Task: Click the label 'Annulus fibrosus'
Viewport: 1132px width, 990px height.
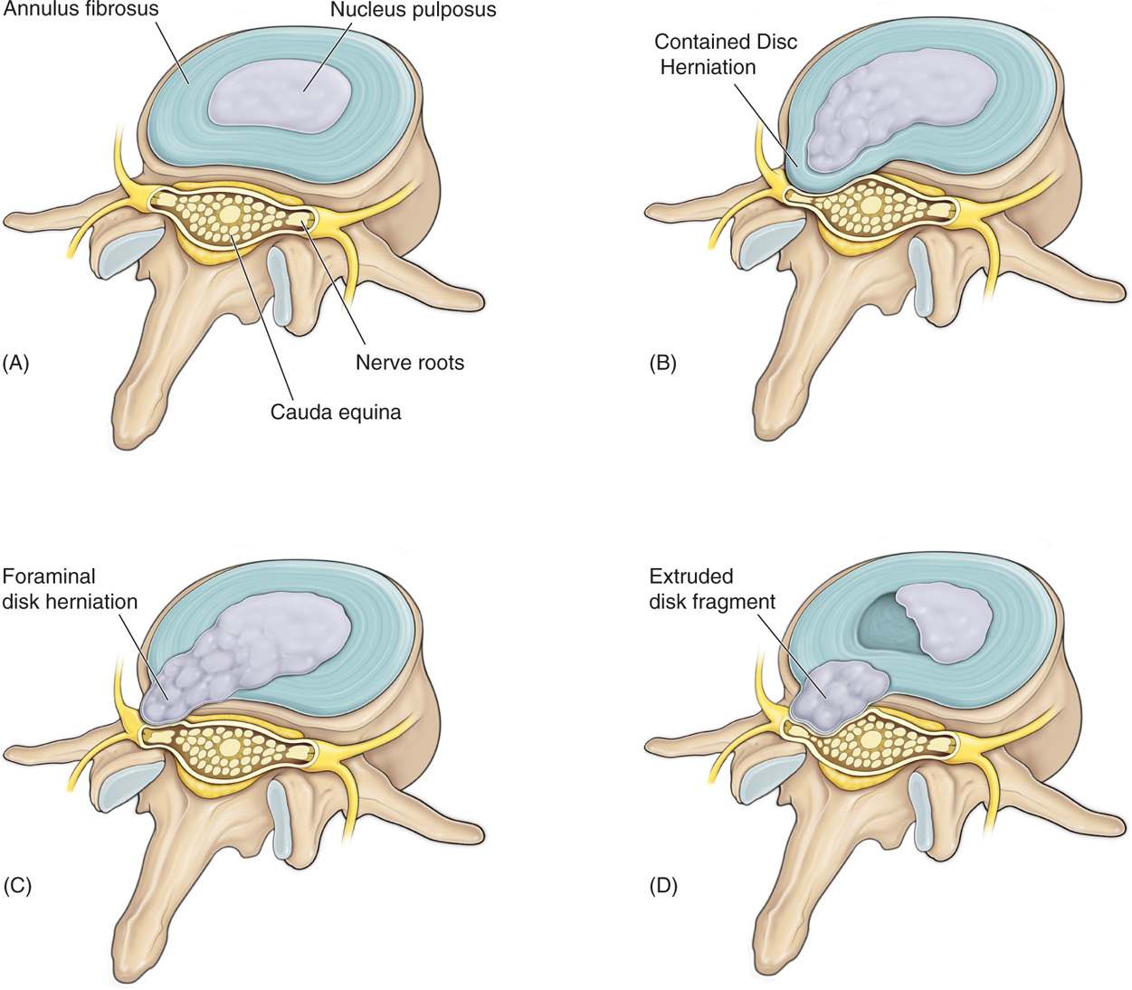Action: point(80,11)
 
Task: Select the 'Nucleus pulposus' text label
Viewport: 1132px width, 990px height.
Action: point(413,11)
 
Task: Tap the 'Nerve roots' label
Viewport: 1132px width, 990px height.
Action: point(409,363)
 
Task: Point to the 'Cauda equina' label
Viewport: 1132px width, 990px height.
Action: point(336,412)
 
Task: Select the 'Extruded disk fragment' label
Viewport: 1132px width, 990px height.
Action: point(712,588)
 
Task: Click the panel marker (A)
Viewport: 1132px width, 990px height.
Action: point(16,363)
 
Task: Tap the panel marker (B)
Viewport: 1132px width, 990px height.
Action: point(662,363)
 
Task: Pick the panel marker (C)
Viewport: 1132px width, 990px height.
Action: point(17,885)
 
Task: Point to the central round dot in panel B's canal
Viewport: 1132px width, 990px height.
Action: point(870,206)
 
